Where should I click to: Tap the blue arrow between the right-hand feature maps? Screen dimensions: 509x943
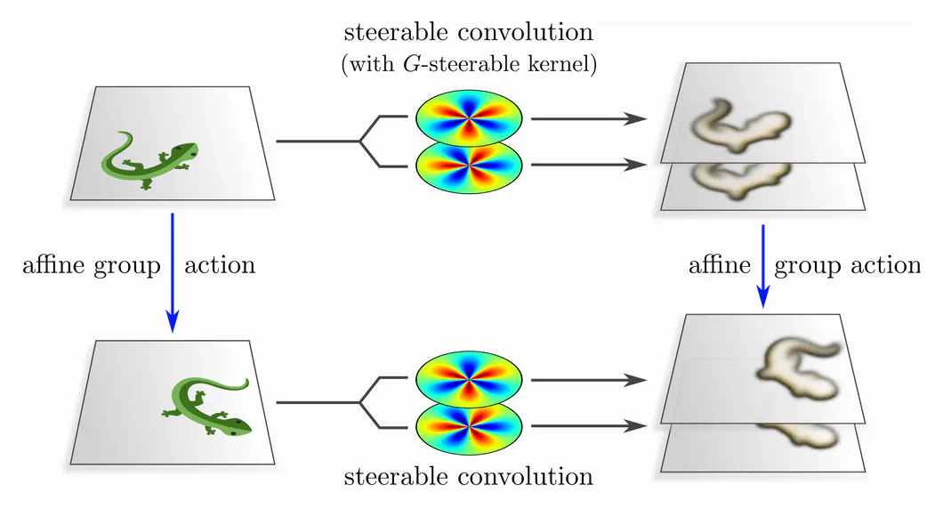(x=762, y=267)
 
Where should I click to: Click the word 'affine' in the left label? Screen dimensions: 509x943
(x=56, y=265)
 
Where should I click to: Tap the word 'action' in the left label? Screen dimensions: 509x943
(x=219, y=265)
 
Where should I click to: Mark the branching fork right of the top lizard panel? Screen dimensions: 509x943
(x=361, y=141)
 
